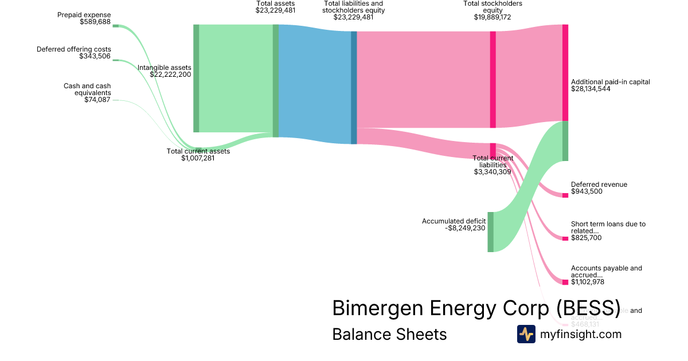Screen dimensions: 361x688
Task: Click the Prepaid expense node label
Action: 84,15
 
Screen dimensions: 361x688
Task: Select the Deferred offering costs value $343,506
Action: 95,56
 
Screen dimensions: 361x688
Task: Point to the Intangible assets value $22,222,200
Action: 170,74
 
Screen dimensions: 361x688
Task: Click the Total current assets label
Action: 198,151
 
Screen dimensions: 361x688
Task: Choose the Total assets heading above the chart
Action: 275,3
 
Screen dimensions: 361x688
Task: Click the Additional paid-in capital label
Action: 610,82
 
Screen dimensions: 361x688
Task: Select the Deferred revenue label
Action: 599,185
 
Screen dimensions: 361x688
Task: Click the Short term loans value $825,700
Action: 586,238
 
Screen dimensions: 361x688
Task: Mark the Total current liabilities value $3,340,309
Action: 492,171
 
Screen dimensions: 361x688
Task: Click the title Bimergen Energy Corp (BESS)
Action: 476,308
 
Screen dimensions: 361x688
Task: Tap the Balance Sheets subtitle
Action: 389,334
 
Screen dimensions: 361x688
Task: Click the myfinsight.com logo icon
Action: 526,334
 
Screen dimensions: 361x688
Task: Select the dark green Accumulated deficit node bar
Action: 490,231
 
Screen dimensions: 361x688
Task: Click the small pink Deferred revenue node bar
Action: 565,195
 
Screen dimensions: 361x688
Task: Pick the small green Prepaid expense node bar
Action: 115,26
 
